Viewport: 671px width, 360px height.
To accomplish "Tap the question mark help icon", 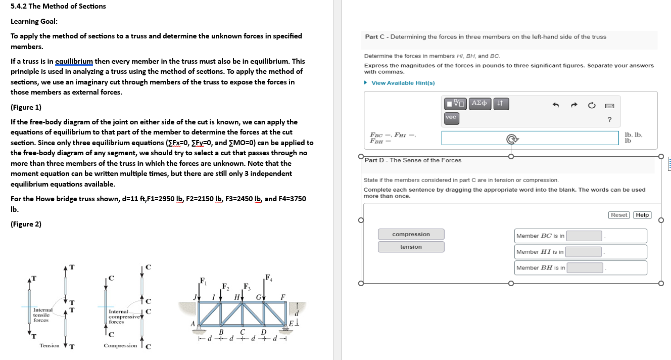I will point(609,120).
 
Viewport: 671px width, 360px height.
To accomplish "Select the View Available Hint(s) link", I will point(403,83).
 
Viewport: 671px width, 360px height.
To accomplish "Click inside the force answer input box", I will point(530,138).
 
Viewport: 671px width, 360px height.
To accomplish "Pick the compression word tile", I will point(411,234).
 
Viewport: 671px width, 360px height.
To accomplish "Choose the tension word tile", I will point(411,247).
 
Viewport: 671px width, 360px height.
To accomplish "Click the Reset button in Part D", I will point(618,215).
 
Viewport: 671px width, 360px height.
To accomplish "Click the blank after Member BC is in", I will point(585,236).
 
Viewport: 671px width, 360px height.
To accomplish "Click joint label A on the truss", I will point(192,324).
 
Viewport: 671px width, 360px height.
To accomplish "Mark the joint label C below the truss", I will point(243,332).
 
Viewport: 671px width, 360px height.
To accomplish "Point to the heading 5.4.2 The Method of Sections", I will point(58,6).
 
